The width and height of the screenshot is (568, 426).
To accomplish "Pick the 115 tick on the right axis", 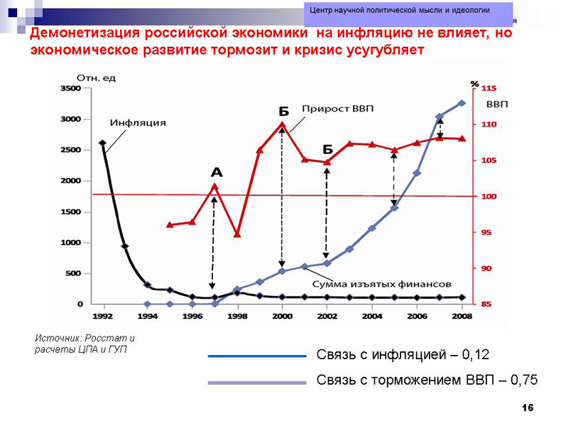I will coord(490,89).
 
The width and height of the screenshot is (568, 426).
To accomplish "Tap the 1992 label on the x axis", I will coord(103,317).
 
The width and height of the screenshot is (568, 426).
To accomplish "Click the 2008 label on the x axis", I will coord(461,317).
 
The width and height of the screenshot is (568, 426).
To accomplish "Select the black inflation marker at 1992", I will coord(103,143).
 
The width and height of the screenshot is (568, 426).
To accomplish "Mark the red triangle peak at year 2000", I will coord(282,125).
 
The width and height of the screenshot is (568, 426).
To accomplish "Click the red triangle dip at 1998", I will coord(237,234).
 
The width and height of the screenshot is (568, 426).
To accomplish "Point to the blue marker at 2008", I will coord(461,103).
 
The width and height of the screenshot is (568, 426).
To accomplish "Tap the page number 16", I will coord(527,407).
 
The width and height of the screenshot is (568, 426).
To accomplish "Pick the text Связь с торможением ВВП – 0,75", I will coord(427,381).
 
